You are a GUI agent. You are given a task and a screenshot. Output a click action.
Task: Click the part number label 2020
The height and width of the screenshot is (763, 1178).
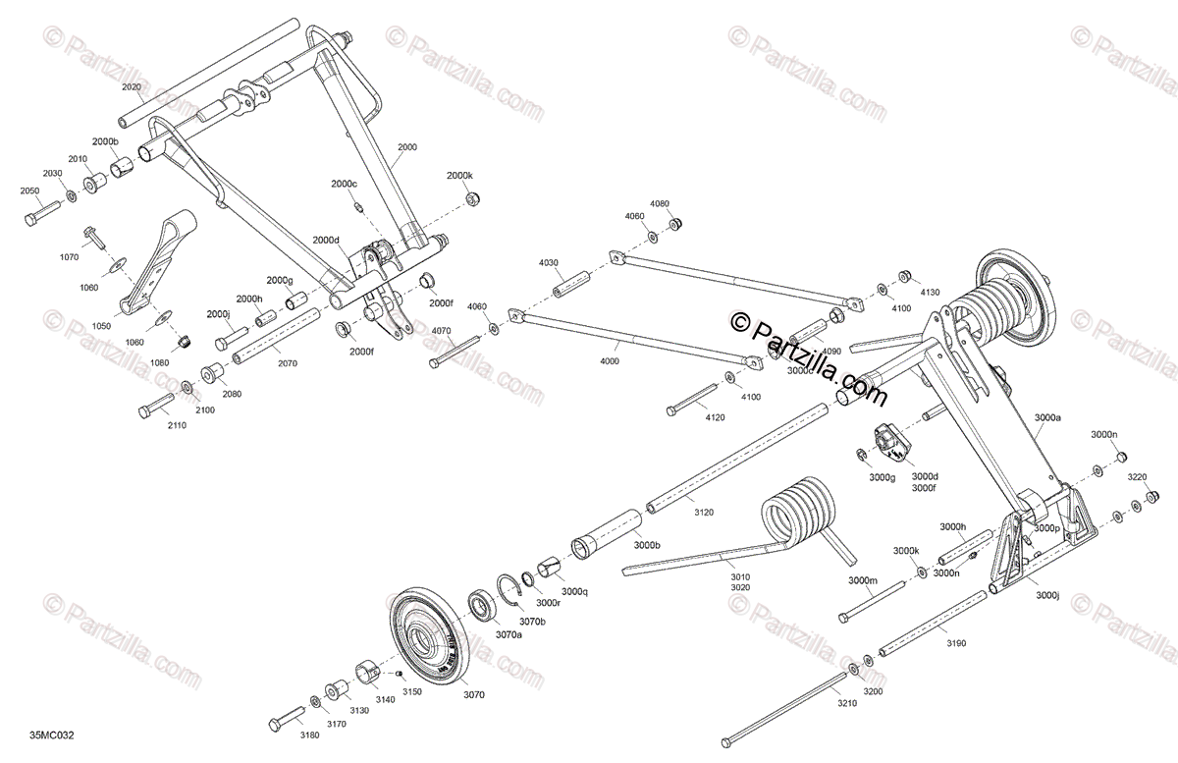(132, 87)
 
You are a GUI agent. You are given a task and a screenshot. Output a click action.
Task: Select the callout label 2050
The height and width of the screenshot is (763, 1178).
(30, 191)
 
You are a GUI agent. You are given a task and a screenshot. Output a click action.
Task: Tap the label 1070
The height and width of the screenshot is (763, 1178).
(69, 257)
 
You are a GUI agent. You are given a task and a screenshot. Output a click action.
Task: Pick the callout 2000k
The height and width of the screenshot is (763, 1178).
(459, 175)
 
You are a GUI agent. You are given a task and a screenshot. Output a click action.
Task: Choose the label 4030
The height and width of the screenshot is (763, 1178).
(548, 262)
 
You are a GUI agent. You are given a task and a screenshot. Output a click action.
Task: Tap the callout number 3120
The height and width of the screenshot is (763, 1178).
(705, 513)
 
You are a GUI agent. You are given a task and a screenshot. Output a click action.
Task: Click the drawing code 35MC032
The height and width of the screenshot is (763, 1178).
(52, 736)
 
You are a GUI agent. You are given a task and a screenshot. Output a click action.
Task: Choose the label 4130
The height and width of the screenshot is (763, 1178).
(930, 293)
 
